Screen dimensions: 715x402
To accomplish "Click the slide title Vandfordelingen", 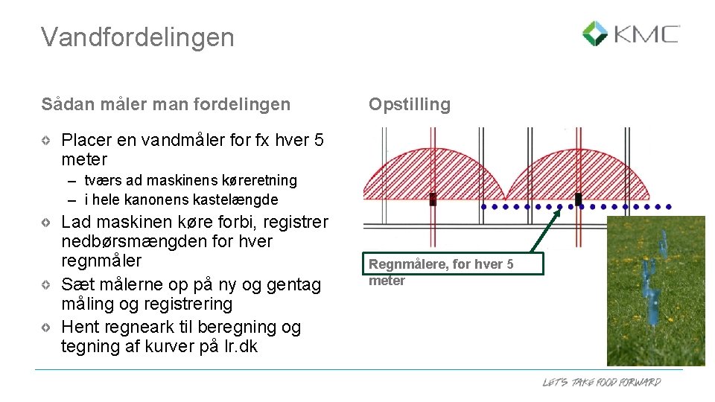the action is (x=138, y=36).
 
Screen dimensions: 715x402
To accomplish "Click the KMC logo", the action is (x=630, y=34).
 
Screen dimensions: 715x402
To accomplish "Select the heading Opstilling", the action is (x=410, y=105).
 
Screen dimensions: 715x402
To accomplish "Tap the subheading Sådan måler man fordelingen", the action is (x=166, y=105).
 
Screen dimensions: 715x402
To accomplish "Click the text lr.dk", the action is (x=239, y=346).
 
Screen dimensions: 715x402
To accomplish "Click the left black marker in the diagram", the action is (x=433, y=200).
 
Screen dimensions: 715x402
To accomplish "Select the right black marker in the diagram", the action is (x=578, y=200).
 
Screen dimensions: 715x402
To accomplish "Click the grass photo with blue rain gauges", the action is (x=655, y=290).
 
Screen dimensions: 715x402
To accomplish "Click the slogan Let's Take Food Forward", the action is (x=601, y=383).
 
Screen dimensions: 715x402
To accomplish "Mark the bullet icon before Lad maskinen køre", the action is (x=46, y=223).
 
